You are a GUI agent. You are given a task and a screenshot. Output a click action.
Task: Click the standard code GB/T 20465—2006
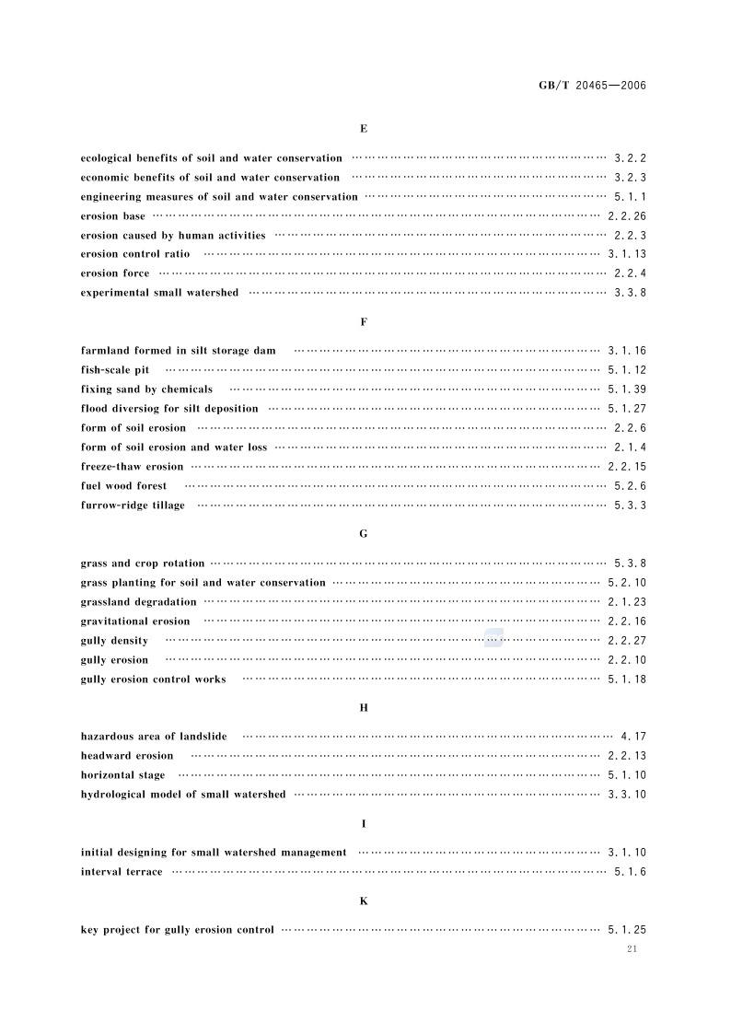(x=592, y=86)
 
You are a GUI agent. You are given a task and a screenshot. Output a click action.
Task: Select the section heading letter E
(x=364, y=130)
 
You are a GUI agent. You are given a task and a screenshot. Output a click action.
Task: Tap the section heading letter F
(x=364, y=322)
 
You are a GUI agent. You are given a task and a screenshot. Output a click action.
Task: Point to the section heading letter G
(x=364, y=534)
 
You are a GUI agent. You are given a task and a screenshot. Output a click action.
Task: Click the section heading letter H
(x=364, y=708)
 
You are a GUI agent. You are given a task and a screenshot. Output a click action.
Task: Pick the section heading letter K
(x=364, y=900)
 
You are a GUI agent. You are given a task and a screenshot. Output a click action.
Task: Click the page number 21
(x=631, y=949)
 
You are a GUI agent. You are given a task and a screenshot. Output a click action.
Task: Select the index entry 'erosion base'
(x=112, y=216)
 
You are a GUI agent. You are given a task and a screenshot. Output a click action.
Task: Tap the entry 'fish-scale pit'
(x=115, y=370)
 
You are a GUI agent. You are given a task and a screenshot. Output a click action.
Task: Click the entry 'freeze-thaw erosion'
(x=132, y=467)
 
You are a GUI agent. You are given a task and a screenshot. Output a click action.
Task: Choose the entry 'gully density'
(x=114, y=641)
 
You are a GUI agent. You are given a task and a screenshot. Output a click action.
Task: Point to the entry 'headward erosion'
(x=127, y=756)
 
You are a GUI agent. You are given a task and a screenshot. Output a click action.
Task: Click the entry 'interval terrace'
(x=122, y=872)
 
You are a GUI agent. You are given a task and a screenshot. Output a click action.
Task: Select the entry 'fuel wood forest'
(x=124, y=486)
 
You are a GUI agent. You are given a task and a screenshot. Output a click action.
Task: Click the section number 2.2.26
(x=627, y=216)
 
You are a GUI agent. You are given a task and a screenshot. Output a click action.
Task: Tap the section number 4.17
(x=633, y=737)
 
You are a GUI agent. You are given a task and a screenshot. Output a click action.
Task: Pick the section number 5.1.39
(x=627, y=389)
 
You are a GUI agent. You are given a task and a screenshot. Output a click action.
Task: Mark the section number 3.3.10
(x=627, y=795)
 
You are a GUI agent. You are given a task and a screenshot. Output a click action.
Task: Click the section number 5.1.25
(x=627, y=930)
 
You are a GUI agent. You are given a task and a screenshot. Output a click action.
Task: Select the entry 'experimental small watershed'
(x=159, y=293)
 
